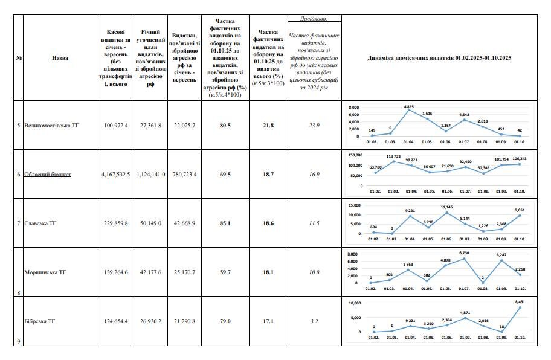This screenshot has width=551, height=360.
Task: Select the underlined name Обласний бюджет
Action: click(48, 175)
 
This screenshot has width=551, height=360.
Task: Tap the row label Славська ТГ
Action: click(39, 223)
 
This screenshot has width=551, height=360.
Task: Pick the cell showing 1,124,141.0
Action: click(150, 175)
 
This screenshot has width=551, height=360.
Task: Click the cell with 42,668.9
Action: click(184, 223)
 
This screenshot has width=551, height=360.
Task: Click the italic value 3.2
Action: click(314, 321)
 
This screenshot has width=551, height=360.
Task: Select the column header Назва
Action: click(60, 58)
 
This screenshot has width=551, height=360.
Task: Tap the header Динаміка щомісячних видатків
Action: click(439, 58)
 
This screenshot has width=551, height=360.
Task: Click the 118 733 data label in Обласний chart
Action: click(393, 156)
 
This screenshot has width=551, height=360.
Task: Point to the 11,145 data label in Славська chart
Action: click(446, 207)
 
